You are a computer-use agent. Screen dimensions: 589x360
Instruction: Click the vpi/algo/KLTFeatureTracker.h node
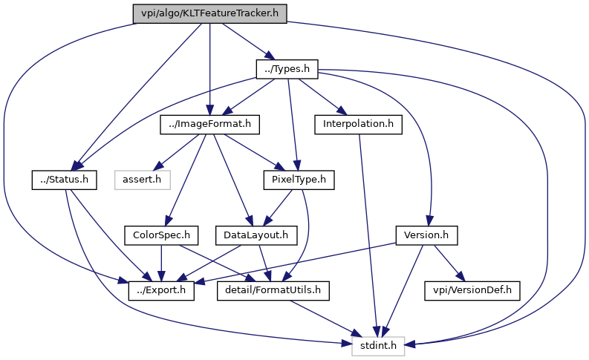(209, 13)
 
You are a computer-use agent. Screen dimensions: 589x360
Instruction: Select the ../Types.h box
(287, 69)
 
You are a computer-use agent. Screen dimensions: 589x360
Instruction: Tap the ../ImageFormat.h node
(209, 124)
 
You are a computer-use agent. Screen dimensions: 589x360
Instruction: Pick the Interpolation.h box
(358, 124)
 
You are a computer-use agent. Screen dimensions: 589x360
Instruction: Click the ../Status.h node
(64, 180)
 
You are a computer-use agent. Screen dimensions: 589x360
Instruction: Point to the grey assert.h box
(143, 180)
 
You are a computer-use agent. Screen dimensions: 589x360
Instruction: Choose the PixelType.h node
(299, 180)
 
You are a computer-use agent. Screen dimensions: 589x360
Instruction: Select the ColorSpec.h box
(161, 235)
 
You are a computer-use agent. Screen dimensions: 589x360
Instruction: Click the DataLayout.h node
(256, 235)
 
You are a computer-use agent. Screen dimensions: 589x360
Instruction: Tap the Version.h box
(426, 235)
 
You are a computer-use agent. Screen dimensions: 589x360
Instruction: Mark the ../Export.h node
(161, 290)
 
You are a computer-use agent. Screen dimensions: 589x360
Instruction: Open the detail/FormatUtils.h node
(273, 290)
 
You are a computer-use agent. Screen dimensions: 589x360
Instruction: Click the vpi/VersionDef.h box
(472, 290)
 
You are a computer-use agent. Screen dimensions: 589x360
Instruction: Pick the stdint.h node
(378, 346)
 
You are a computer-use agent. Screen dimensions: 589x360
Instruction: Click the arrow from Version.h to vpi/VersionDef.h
(449, 264)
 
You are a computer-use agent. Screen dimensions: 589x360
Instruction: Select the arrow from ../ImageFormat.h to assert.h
(177, 152)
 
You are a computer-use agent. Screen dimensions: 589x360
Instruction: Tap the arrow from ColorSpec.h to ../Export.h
(161, 264)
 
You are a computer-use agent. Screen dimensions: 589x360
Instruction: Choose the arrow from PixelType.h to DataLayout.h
(279, 208)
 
